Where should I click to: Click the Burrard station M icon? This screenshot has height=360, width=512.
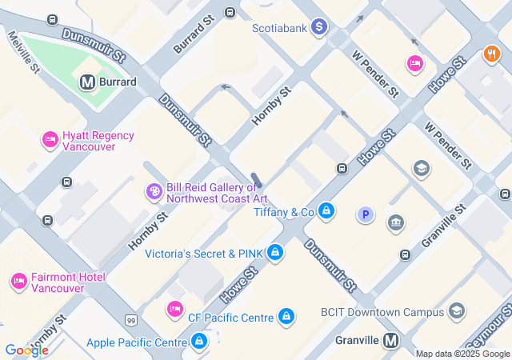[87, 82]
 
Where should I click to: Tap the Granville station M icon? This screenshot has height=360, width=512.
[391, 340]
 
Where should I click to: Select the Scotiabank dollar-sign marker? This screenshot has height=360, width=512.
[319, 27]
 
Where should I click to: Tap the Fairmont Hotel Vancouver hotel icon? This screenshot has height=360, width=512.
[18, 282]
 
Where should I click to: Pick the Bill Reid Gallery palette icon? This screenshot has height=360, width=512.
[153, 192]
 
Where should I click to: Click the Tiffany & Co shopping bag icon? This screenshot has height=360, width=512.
[326, 212]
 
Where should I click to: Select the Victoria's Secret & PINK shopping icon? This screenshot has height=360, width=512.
[275, 254]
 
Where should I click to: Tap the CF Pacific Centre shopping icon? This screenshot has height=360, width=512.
[286, 318]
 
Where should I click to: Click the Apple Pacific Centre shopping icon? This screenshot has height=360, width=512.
[199, 342]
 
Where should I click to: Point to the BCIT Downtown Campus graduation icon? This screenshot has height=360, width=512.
[457, 311]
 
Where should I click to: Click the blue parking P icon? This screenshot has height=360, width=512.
[366, 214]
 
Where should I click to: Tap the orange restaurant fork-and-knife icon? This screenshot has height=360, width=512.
[491, 54]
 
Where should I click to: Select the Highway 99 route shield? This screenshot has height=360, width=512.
[130, 321]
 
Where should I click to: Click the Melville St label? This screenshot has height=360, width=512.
[23, 51]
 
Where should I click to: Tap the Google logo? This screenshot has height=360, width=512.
[26, 350]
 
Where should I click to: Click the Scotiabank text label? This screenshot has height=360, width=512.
[280, 27]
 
